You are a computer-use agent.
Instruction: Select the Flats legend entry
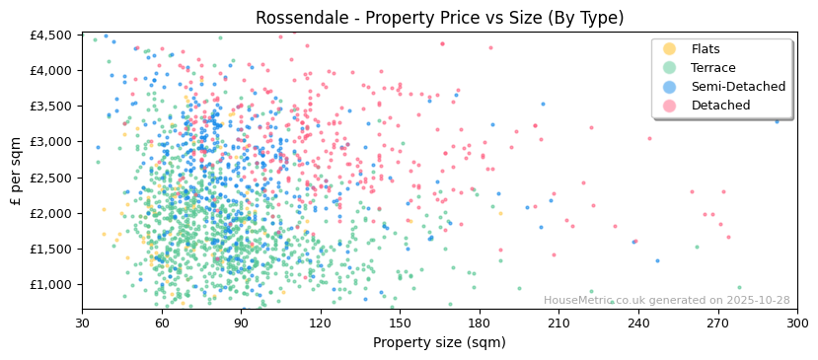(706, 49)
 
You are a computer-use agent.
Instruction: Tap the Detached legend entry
(720, 106)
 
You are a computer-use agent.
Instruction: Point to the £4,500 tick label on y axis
(51, 35)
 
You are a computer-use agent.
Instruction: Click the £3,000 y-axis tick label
(51, 142)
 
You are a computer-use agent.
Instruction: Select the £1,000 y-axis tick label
(51, 285)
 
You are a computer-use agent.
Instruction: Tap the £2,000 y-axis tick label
(51, 213)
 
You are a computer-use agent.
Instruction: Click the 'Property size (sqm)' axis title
(439, 343)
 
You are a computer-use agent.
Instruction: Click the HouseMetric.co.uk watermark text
(666, 301)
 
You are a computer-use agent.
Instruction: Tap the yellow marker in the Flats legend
(670, 49)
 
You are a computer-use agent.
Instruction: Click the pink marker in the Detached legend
(670, 106)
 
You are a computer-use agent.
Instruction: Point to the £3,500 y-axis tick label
(51, 107)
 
